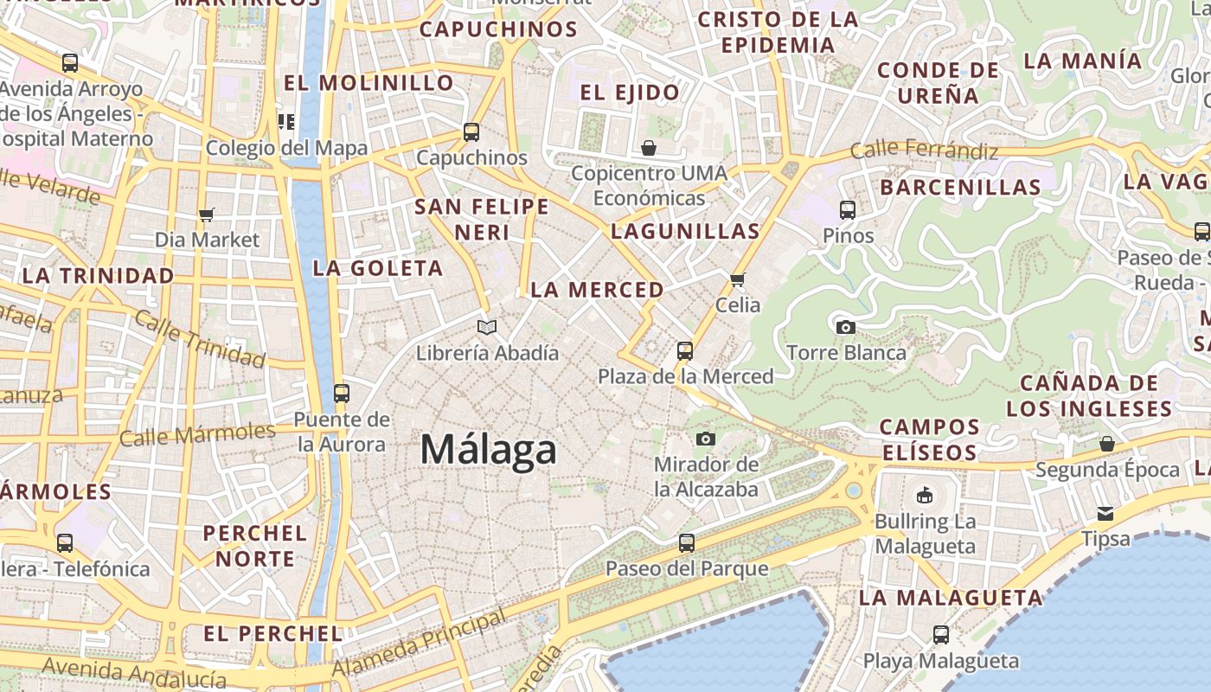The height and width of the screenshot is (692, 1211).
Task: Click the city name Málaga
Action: pyautogui.click(x=489, y=450)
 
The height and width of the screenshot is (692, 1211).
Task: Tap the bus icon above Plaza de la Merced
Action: pyautogui.click(x=685, y=351)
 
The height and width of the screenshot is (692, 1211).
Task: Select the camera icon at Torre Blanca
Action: pyautogui.click(x=846, y=327)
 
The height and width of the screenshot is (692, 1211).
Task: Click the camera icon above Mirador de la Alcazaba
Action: pyautogui.click(x=706, y=439)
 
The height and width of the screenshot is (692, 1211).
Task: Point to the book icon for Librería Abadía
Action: pyautogui.click(x=487, y=327)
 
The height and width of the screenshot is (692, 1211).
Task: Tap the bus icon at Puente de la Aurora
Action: pyautogui.click(x=342, y=394)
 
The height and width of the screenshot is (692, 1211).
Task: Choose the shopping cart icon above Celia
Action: pyautogui.click(x=738, y=279)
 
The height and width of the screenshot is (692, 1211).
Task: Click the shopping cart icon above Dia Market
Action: pyautogui.click(x=207, y=214)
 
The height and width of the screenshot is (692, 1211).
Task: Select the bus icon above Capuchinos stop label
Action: pyautogui.click(x=471, y=132)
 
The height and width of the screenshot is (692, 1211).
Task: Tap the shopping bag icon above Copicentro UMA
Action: pyautogui.click(x=649, y=148)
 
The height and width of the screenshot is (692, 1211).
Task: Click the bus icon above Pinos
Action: pyautogui.click(x=848, y=209)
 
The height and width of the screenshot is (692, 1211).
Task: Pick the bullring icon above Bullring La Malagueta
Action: pyautogui.click(x=925, y=496)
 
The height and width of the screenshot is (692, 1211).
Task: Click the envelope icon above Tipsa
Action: pyautogui.click(x=1105, y=513)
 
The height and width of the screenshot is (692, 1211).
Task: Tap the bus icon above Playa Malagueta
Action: pyautogui.click(x=941, y=635)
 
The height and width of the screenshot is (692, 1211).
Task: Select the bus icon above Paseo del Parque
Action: pyautogui.click(x=687, y=543)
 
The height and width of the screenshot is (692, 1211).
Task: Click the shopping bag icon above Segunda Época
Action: pyautogui.click(x=1107, y=444)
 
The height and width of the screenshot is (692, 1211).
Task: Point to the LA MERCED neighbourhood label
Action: pyautogui.click(x=597, y=290)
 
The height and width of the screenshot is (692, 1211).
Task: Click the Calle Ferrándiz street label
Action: pyautogui.click(x=924, y=151)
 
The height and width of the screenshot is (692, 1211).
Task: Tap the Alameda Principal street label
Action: pyautogui.click(x=419, y=644)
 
